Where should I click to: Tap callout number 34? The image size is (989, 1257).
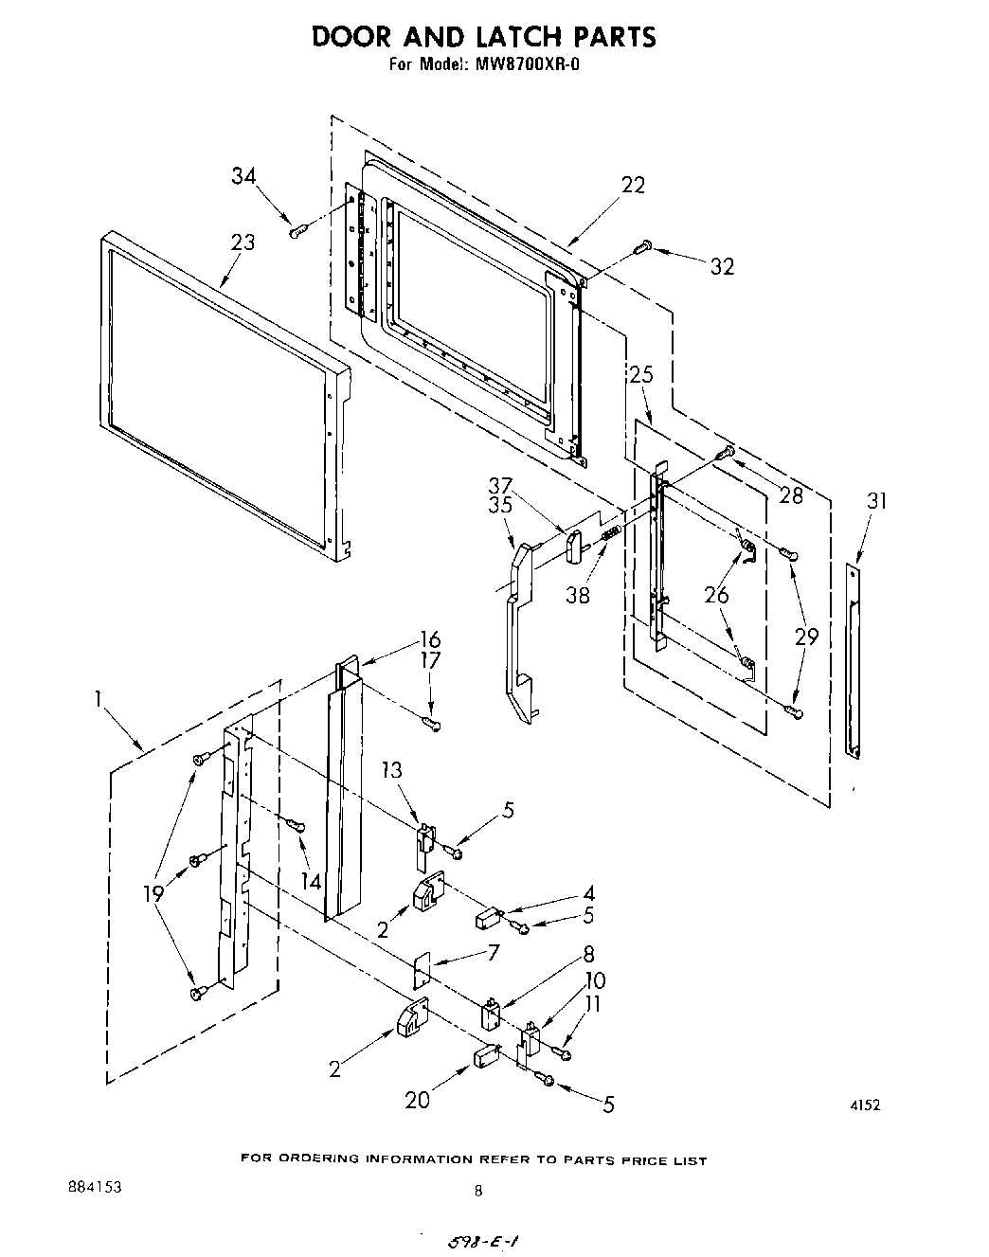click(x=243, y=175)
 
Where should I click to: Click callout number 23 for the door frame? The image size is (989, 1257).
click(x=243, y=242)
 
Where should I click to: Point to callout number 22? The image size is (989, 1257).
click(x=632, y=186)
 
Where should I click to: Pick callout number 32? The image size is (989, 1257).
click(x=722, y=267)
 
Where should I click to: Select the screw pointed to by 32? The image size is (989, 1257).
click(x=644, y=246)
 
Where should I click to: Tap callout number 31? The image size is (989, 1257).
click(x=877, y=500)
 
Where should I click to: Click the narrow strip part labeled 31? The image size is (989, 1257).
click(x=854, y=659)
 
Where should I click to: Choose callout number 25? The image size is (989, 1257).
click(x=641, y=375)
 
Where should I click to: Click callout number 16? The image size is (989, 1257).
click(x=431, y=639)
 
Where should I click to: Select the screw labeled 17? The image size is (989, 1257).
click(x=432, y=725)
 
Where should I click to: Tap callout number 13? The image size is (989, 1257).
click(x=393, y=771)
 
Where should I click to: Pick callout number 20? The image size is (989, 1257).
click(x=417, y=1099)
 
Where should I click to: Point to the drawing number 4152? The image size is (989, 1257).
click(x=865, y=1104)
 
